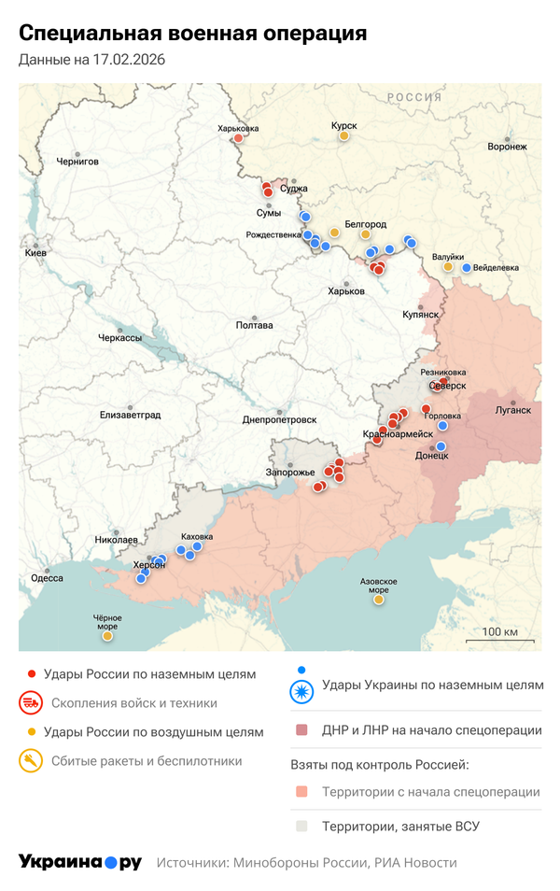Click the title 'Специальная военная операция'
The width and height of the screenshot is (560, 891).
point(192,34)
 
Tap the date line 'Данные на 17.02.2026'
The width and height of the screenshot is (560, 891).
point(92,61)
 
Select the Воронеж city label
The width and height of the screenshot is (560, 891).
point(507,147)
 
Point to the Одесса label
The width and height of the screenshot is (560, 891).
point(47,578)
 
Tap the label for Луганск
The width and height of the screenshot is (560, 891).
point(513,409)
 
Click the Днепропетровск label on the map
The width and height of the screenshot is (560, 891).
point(279,420)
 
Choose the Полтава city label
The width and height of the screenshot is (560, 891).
point(255,325)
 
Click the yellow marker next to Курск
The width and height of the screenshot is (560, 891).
point(343,136)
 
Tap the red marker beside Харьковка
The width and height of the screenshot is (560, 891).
point(238,139)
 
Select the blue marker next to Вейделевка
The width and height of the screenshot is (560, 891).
point(467,268)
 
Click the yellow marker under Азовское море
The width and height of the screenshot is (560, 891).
point(379,600)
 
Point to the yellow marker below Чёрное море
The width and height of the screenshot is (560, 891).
point(107,637)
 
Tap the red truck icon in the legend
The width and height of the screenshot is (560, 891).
point(31,703)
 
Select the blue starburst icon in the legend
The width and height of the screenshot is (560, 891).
point(301,692)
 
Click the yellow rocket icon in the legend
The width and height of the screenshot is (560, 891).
point(31,761)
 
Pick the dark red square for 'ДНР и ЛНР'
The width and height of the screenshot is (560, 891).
point(301,730)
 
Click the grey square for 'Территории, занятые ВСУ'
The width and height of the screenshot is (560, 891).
point(301,826)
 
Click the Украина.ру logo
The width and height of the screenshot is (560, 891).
point(80,862)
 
